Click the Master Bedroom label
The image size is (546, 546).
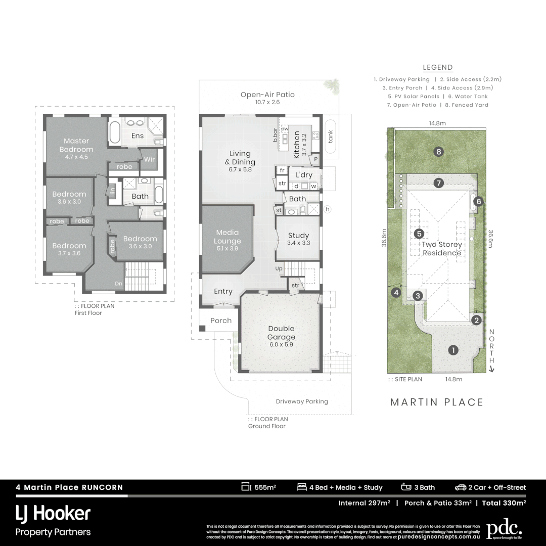pyautogui.click(x=76, y=145)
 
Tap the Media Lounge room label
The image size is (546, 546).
pyautogui.click(x=227, y=237)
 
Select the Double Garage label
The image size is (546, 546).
pyautogui.click(x=281, y=333)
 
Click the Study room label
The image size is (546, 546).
pyautogui.click(x=298, y=236)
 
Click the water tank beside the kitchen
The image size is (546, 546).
pyautogui.click(x=331, y=136)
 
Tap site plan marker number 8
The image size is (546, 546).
pyautogui.click(x=438, y=151)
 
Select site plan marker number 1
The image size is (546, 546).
pyautogui.click(x=453, y=350)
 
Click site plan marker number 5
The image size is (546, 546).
pyautogui.click(x=419, y=234)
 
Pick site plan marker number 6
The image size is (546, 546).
pyautogui.click(x=478, y=202)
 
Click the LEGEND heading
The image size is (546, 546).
pyautogui.click(x=437, y=68)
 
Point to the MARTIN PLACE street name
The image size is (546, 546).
pyautogui.click(x=437, y=402)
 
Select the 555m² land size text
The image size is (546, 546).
pyautogui.click(x=265, y=488)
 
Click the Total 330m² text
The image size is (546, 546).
pyautogui.click(x=504, y=503)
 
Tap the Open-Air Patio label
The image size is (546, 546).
pyautogui.click(x=267, y=95)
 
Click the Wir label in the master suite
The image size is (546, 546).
pyautogui.click(x=149, y=159)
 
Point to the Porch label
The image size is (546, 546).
pyautogui.click(x=221, y=321)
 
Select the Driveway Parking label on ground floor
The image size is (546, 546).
pyautogui.click(x=302, y=401)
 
